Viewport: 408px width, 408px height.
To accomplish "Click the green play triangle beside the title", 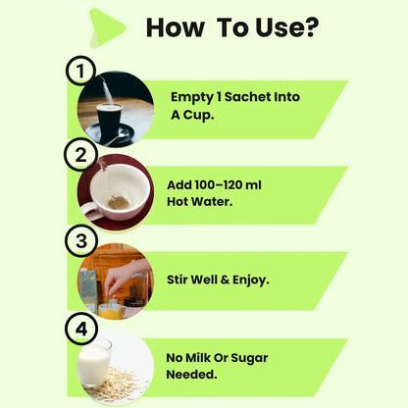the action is [x=106, y=28].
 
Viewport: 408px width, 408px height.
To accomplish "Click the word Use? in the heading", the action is [x=287, y=27].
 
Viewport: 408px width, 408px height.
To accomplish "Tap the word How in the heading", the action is [x=175, y=27].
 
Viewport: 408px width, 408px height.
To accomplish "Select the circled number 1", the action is [x=80, y=71].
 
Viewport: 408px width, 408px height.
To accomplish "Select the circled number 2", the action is [x=80, y=154].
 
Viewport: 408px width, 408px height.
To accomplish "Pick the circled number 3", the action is [x=81, y=241].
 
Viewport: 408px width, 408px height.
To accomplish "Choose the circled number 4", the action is [x=81, y=329].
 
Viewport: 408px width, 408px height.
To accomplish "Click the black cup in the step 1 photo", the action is [x=109, y=122].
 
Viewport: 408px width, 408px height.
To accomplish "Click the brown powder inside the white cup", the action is [x=119, y=202].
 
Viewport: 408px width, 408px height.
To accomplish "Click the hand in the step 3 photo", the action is [x=126, y=278].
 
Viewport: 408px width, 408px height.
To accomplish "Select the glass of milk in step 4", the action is [x=95, y=362].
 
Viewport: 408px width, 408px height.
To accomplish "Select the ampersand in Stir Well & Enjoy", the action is [x=225, y=280].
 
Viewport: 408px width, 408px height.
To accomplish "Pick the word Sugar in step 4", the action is [x=249, y=358].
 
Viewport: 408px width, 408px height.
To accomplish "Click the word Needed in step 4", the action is [x=191, y=375].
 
